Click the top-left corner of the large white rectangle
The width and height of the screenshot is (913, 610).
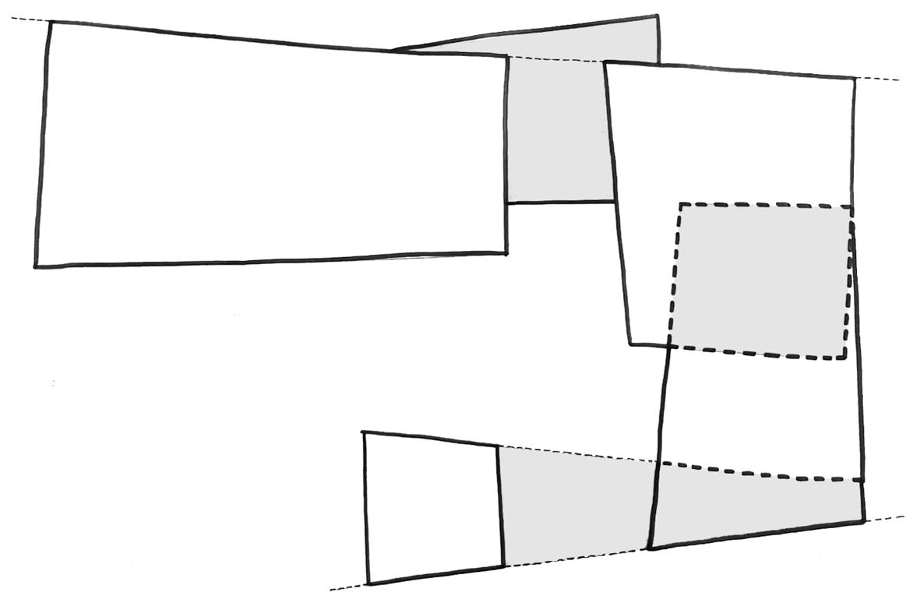(51, 23)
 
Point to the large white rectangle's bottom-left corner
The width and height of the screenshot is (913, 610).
(36, 266)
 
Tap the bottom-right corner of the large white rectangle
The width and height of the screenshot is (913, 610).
(506, 252)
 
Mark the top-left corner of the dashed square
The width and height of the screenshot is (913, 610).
(680, 205)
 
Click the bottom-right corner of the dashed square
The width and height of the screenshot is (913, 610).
(844, 358)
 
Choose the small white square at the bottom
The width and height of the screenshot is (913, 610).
(432, 506)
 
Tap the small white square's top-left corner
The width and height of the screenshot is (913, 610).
(365, 432)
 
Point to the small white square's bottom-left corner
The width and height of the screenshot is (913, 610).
(368, 583)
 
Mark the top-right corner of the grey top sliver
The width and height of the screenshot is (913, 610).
(657, 16)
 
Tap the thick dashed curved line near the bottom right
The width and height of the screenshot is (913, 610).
(763, 474)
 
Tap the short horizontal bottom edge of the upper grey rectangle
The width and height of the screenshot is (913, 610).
(561, 202)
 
